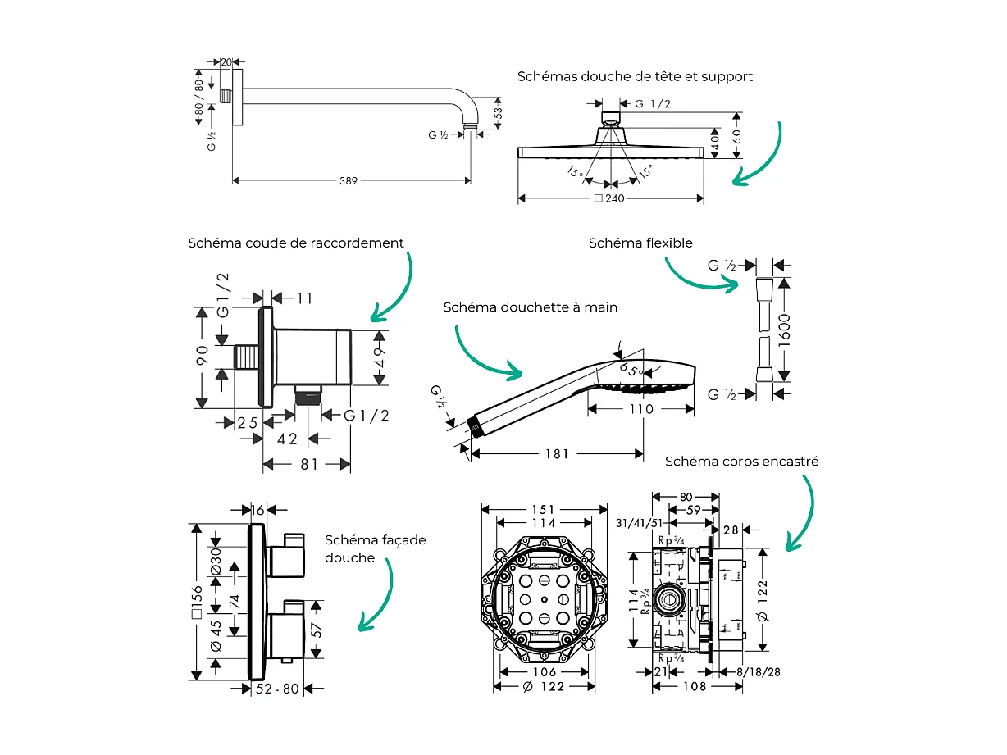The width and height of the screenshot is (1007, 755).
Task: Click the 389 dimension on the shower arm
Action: tap(349, 180)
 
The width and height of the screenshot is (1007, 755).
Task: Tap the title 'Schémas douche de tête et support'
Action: tap(635, 76)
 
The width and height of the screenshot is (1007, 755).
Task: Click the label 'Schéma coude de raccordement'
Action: tap(296, 243)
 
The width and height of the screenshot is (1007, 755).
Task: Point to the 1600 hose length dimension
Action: tap(784, 330)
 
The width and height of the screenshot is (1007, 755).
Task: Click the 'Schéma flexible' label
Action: tap(640, 243)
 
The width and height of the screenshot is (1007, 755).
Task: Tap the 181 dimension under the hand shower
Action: tap(555, 453)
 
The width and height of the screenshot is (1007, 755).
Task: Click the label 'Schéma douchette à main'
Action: tap(530, 307)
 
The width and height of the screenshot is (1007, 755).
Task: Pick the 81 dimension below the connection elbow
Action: tap(308, 464)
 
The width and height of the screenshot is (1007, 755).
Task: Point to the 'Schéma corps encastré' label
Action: tap(741, 462)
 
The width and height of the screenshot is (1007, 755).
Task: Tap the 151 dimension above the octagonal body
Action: tap(542, 509)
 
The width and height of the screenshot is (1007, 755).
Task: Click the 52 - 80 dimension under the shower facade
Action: tap(278, 689)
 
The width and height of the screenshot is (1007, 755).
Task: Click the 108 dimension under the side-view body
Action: tap(694, 686)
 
